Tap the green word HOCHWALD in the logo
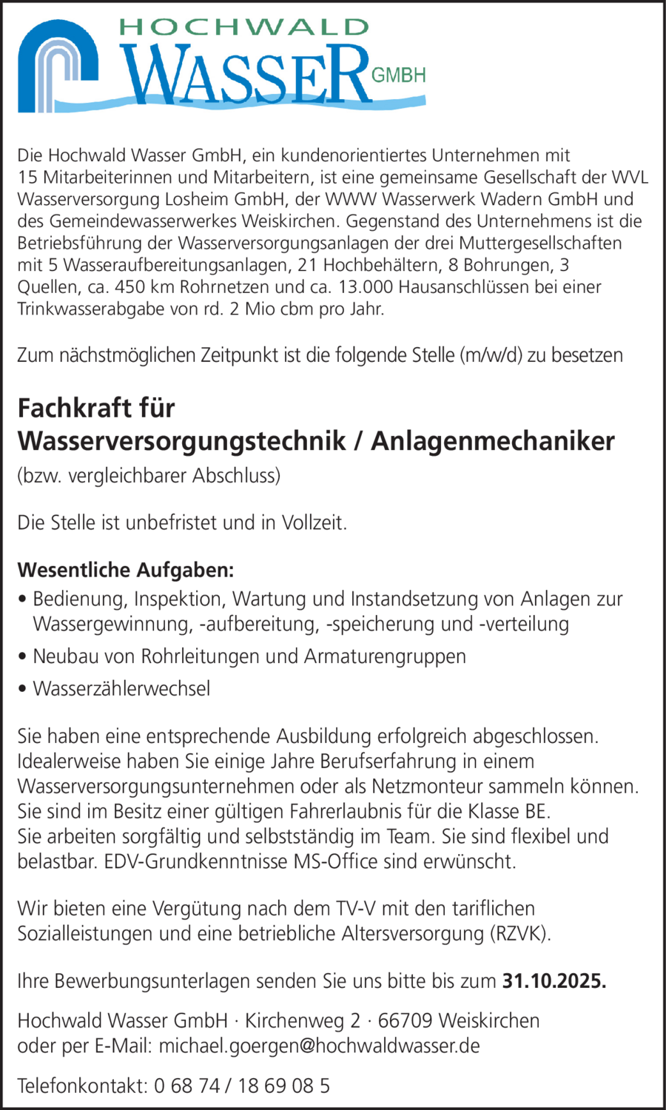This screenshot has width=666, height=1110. click(x=243, y=27)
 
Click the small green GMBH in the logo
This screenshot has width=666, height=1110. click(x=398, y=75)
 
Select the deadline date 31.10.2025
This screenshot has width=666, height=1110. click(x=554, y=981)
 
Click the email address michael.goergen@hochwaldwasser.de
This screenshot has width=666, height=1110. click(x=319, y=1046)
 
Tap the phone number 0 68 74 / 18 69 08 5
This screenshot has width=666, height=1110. click(x=242, y=1086)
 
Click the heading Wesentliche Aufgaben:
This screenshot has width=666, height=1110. click(x=126, y=570)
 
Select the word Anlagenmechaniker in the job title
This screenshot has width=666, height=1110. click(x=492, y=440)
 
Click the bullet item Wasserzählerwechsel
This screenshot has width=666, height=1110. click(x=121, y=688)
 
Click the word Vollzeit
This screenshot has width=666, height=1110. click(x=314, y=522)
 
